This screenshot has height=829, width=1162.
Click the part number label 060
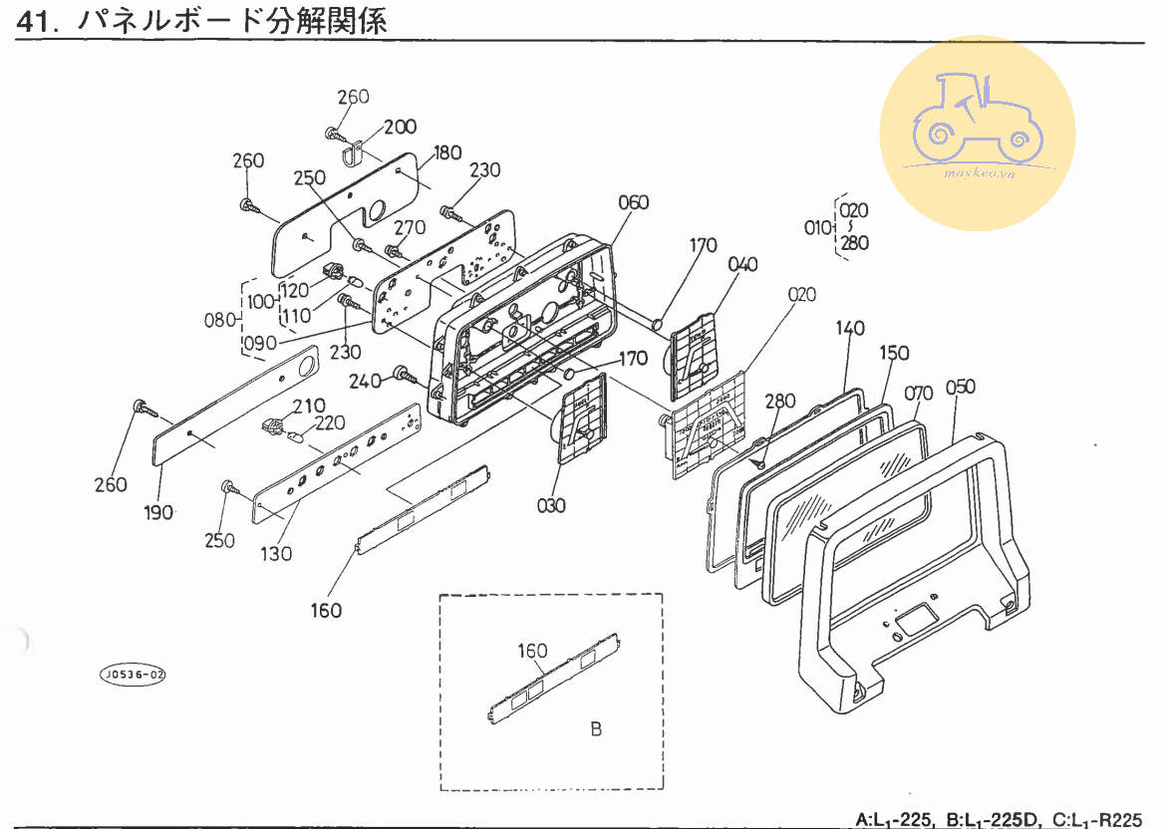pos(633,203)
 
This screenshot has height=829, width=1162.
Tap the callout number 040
pos(742,264)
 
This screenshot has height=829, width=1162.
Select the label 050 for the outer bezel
pos(960,387)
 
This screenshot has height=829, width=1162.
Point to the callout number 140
pos(850,329)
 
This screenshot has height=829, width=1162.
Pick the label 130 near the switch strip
pos(277,553)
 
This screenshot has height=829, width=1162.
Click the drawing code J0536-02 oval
pos(133,675)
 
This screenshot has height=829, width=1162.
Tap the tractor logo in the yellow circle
pos(978,119)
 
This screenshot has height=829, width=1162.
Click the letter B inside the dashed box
pos(596,729)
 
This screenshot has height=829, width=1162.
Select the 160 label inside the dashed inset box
pos(532,651)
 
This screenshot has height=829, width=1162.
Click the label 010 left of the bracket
pos(817,227)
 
